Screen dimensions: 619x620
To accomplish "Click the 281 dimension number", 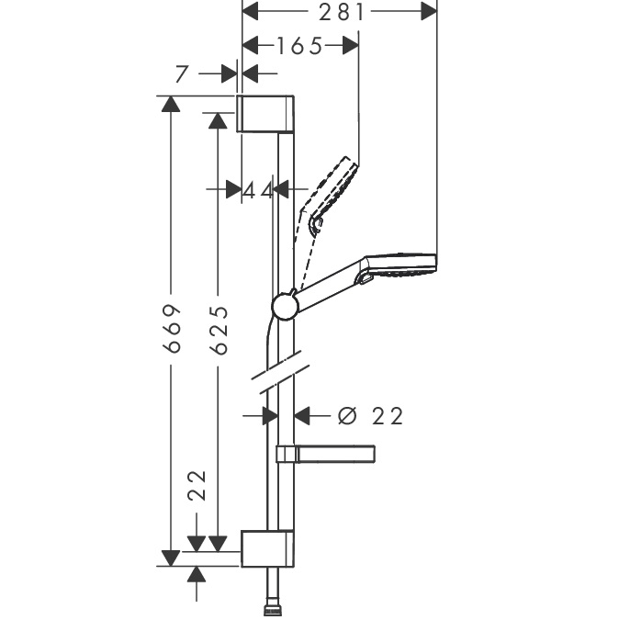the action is (341, 12).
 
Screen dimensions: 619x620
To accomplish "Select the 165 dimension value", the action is (299, 46).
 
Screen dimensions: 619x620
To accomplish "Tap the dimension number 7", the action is (181, 74).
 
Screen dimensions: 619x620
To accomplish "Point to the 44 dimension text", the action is (258, 190).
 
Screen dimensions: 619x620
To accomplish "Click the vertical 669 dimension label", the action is (172, 328).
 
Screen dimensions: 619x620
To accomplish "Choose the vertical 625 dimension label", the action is (219, 330).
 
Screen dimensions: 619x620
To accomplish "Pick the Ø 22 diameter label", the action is (370, 416).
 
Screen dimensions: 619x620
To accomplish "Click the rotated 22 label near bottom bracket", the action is (197, 486).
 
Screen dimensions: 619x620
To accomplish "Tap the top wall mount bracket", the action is (265, 114).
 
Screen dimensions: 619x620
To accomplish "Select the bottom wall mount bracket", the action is (267, 548).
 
